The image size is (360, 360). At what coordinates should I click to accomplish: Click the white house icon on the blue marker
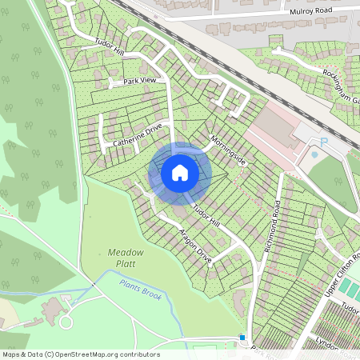pos(180,173)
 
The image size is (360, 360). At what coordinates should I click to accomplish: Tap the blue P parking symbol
pos(324,142)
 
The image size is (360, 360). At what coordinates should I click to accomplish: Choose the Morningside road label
pos(230,148)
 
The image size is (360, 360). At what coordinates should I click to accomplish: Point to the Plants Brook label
pos(141,290)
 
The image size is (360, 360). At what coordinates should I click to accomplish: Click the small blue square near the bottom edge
pos(242,338)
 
